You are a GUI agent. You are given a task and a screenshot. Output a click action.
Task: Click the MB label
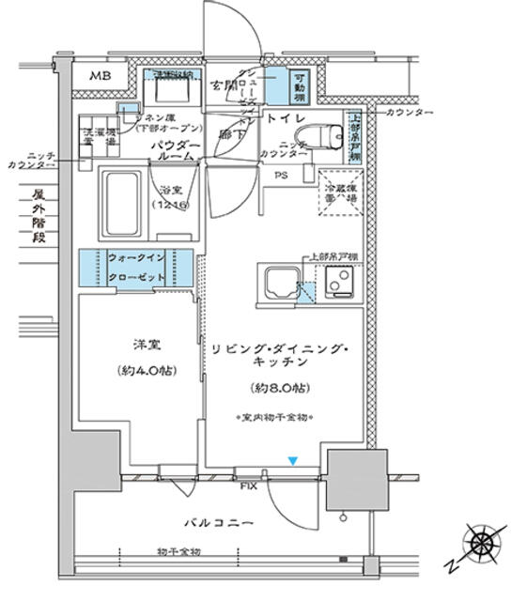101,74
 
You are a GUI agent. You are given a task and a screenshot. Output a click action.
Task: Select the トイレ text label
283,119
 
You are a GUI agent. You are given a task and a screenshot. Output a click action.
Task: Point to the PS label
281,175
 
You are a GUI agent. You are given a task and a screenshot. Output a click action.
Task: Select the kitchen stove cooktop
337,282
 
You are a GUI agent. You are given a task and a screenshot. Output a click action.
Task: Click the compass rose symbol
484,544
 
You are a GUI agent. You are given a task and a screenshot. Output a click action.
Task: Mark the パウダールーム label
172,151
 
